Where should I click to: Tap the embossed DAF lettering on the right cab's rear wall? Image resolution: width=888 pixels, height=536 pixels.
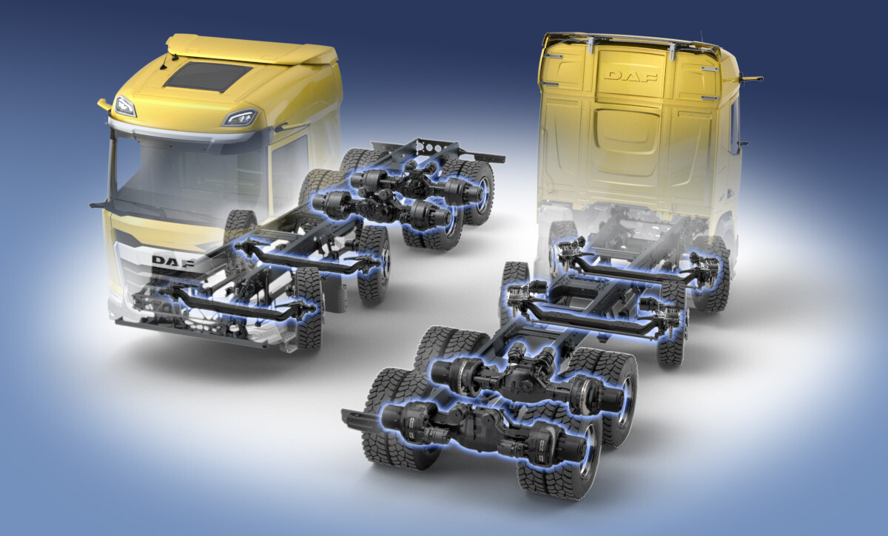point(630,76)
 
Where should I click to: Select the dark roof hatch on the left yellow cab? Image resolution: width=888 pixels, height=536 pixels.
point(206,76)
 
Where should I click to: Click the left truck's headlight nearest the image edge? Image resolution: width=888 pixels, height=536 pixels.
point(124,106)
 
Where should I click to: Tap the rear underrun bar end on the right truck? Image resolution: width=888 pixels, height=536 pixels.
point(354,418)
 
